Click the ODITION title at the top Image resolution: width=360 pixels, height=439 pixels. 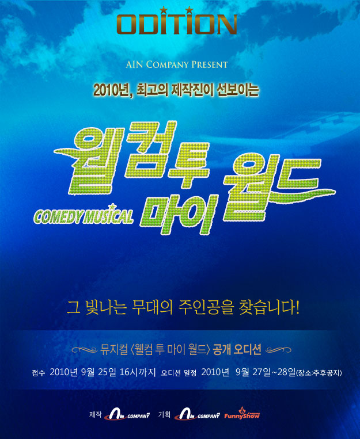pos(177,24)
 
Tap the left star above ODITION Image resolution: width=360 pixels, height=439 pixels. pos(164,10)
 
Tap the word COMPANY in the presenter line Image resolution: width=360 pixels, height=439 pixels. pos(167,64)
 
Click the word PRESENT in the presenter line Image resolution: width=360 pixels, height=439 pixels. pos(210,64)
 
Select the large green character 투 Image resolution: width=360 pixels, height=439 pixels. pos(188,165)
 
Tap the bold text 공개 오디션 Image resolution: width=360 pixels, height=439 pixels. pos(237,350)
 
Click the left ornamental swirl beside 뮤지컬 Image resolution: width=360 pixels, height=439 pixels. pos(85,350)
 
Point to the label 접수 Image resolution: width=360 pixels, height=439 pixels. pos(39,373)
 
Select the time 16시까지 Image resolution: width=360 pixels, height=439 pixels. pos(138,372)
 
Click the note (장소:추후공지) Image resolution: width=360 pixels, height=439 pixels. pos(319,373)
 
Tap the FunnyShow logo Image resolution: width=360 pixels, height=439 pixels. pos(242,414)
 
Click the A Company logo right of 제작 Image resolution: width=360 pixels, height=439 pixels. pos(127,414)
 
